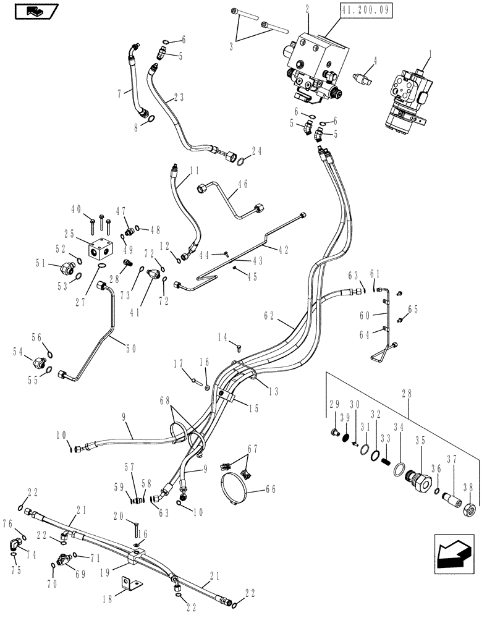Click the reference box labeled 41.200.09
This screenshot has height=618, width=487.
[x=366, y=11]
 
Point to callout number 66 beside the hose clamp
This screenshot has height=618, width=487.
[x=270, y=489]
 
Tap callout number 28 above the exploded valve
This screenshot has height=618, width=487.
[x=412, y=391]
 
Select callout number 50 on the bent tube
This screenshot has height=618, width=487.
[x=131, y=349]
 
